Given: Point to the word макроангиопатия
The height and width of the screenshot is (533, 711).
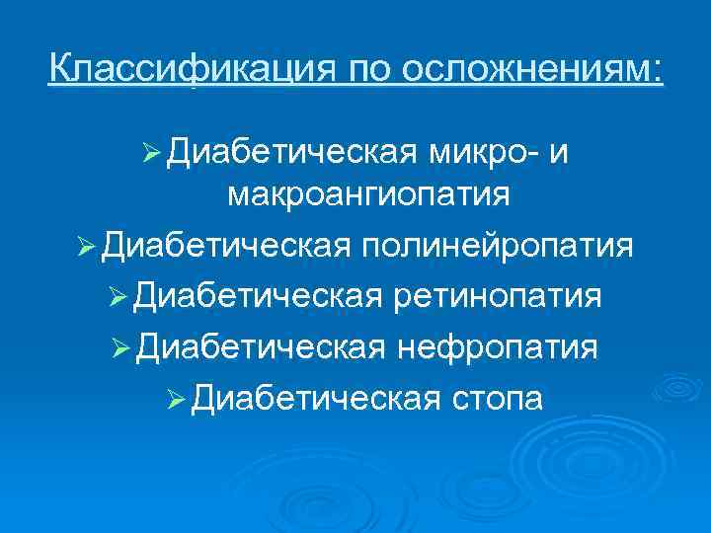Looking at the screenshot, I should click(x=368, y=195).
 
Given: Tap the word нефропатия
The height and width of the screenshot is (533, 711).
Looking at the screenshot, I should click(x=496, y=345).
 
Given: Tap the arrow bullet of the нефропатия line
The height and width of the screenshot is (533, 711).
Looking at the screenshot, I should click(x=122, y=347).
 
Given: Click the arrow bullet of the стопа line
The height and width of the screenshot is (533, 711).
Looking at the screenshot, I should click(x=176, y=399).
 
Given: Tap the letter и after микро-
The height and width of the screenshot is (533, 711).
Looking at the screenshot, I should click(x=561, y=153).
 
